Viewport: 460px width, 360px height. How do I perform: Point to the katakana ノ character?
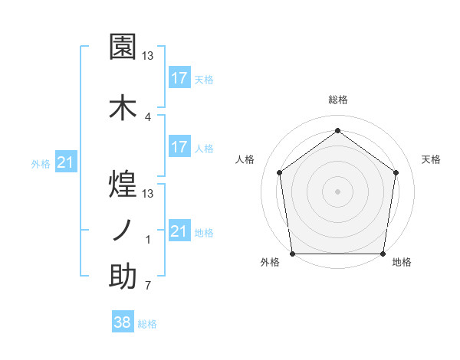(123, 229)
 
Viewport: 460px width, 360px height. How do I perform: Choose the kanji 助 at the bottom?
(123, 277)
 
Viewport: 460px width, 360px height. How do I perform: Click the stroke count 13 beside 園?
(148, 56)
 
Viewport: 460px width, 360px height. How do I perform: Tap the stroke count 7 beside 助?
(148, 286)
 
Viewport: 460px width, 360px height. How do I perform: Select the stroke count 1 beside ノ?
(148, 240)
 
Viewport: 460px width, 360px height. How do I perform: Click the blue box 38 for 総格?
(123, 323)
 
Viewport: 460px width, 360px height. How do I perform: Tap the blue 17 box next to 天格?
(179, 78)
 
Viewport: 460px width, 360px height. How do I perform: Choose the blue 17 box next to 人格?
(179, 147)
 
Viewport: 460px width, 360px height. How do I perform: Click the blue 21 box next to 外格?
(66, 162)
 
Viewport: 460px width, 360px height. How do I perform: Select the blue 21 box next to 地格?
(179, 231)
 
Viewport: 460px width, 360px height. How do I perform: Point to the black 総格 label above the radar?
(337, 100)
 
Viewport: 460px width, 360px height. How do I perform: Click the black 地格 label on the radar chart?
(402, 263)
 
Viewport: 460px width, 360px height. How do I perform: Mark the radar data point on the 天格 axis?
(396, 172)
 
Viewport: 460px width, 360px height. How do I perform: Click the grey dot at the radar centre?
(337, 191)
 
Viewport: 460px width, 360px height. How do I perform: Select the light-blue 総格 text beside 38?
(147, 324)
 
